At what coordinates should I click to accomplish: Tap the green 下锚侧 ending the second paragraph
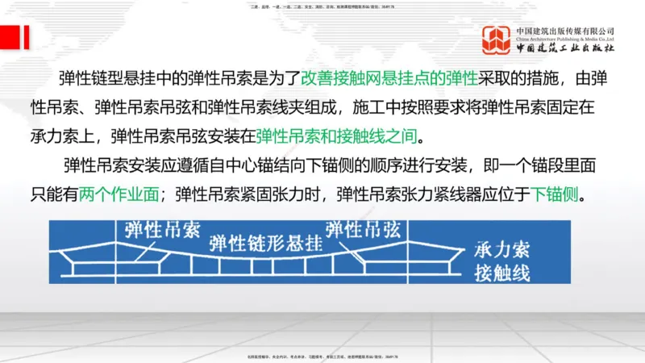point(554,195)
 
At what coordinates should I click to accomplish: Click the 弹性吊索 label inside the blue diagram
point(156,230)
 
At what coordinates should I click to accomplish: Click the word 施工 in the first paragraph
point(364,107)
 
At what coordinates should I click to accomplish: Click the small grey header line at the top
point(322,6)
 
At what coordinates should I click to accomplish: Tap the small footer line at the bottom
point(322,357)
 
